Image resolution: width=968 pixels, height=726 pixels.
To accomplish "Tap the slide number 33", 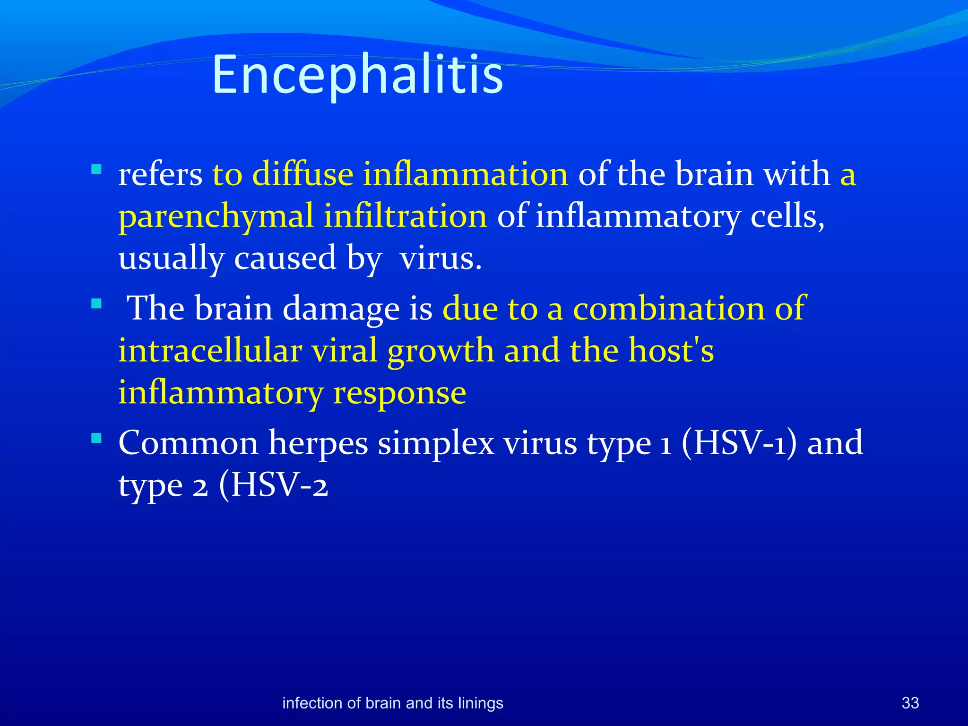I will click(910, 703).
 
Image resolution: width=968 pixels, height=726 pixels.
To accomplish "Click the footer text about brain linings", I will click(392, 703).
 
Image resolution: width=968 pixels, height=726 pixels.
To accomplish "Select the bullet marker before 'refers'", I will click(96, 169).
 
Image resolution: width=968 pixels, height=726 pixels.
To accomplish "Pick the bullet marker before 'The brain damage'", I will click(96, 303).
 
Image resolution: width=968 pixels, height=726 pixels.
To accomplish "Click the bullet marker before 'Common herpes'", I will click(96, 438).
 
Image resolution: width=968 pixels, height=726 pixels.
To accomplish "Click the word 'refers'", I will click(160, 174).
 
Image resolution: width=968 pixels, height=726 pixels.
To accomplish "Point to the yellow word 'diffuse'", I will click(302, 174).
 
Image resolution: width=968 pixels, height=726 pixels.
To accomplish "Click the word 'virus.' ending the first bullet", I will click(441, 259).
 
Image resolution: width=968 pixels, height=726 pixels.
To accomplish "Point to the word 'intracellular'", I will click(210, 350).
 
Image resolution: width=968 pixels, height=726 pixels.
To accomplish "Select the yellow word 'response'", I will click(399, 393).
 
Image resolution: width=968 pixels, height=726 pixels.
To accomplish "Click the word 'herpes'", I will click(318, 443).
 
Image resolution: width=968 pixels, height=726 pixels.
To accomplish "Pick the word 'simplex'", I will click(435, 443).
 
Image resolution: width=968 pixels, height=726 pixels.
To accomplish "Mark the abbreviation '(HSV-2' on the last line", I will click(273, 485).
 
